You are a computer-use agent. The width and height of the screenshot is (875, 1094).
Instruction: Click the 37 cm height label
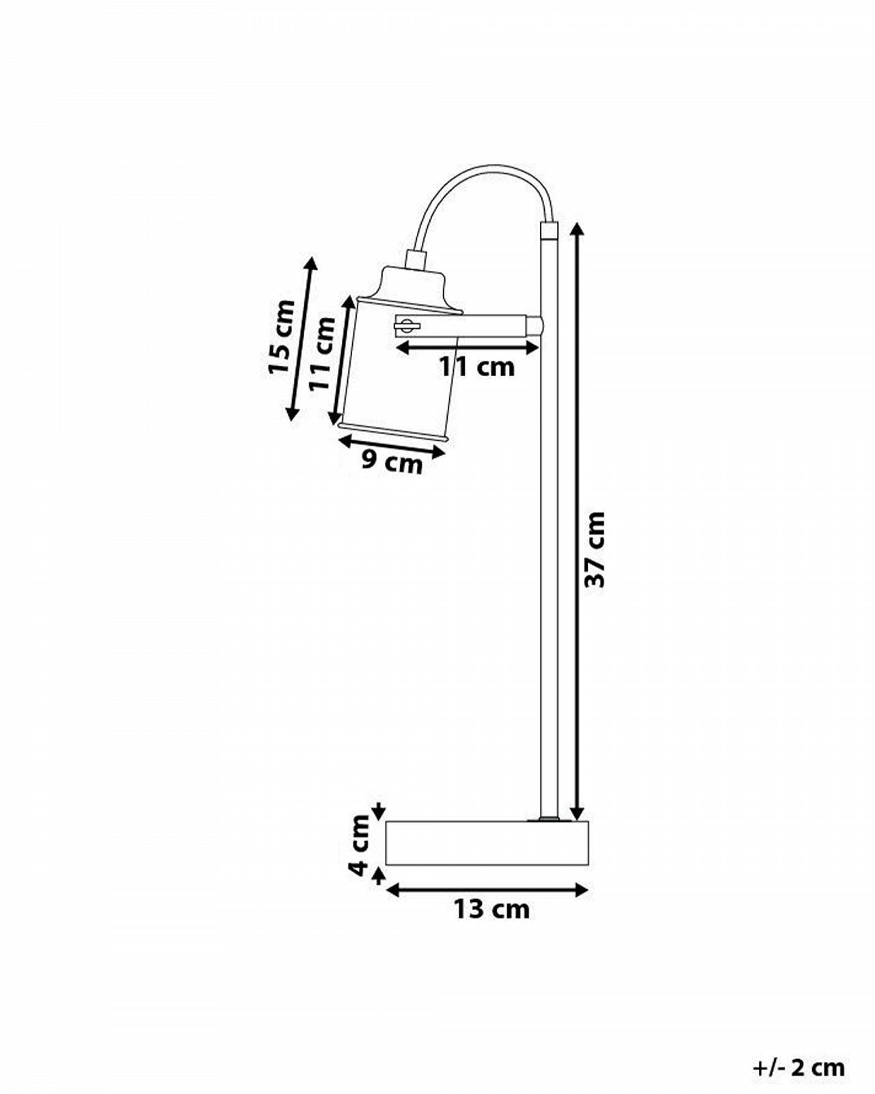[x=595, y=549]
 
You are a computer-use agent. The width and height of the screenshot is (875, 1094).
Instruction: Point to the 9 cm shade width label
[x=392, y=463]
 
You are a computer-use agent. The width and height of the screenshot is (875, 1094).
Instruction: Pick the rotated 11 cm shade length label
[x=323, y=353]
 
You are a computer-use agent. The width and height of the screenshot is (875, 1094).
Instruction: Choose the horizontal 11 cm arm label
[x=477, y=367]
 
